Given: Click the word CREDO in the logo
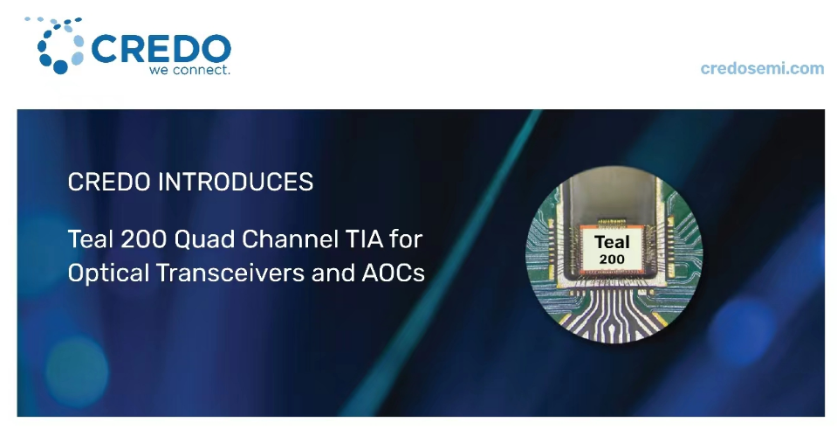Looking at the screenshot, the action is (161, 49).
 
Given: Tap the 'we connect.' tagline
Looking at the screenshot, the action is (189, 70).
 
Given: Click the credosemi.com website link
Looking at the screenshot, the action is (762, 68).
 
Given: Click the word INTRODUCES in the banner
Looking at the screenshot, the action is (236, 183).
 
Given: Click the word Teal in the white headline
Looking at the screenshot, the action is (90, 239).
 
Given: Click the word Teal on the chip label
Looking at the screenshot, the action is (613, 242).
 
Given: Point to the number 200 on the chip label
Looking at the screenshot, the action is (612, 259).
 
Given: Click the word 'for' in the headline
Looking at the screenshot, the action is (406, 239).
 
